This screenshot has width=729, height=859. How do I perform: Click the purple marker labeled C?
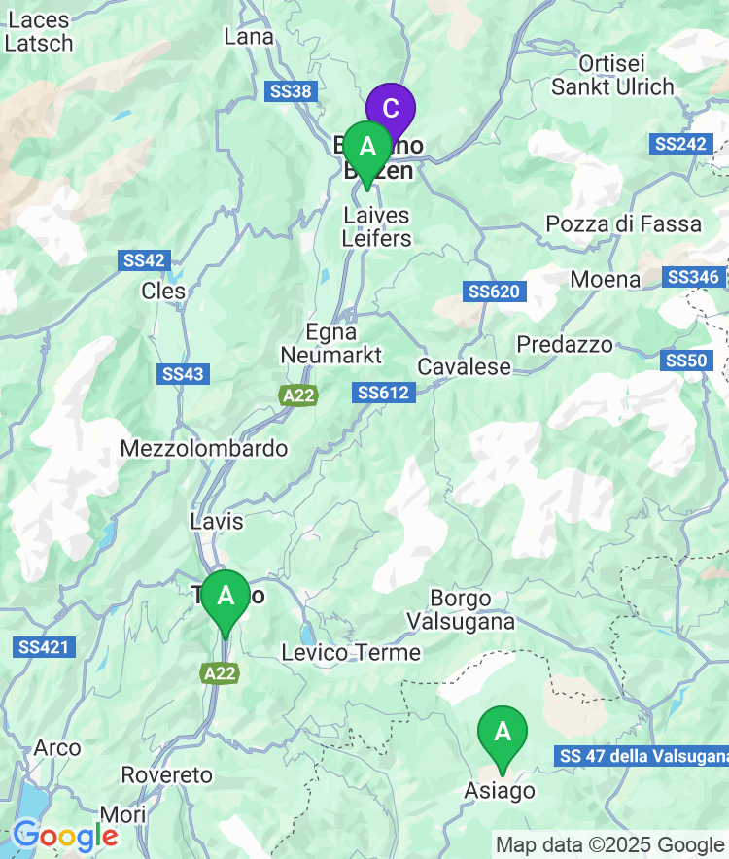pos(390,108)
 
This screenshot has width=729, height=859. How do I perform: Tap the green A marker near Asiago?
pos(503,732)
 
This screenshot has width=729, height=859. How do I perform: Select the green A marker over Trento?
pos(226,595)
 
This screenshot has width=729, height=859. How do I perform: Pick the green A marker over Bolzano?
pos(367,147)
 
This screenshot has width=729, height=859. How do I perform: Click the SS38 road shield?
pos(290,91)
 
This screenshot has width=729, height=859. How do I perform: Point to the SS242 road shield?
pos(678,144)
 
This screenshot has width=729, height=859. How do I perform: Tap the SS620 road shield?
pos(495,292)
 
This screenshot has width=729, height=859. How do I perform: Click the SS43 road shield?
pos(184,374)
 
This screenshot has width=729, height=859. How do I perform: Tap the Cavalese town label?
pos(464,367)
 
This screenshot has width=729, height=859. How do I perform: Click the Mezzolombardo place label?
pos(204,449)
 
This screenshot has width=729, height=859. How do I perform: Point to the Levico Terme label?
pos(351,653)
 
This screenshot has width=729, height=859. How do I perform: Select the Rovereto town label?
pos(166,775)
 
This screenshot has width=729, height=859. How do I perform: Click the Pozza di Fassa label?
pos(623,224)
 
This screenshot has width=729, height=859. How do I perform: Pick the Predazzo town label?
pos(565,345)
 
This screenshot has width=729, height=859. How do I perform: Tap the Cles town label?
pos(162,291)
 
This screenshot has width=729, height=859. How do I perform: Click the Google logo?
pos(65,835)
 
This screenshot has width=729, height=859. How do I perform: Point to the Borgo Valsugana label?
pos(462,609)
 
